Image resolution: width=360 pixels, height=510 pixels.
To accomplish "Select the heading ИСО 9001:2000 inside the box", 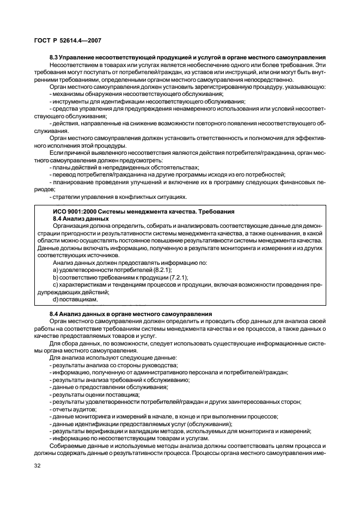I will point(78,211).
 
